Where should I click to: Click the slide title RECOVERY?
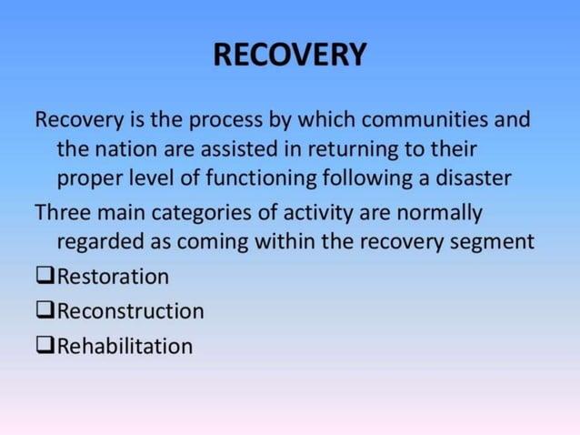pyautogui.click(x=290, y=56)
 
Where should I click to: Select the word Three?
pyautogui.click(x=62, y=214)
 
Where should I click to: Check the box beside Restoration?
pyautogui.click(x=45, y=275)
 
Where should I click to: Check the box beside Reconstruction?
pyautogui.click(x=45, y=310)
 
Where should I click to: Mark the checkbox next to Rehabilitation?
pyautogui.click(x=45, y=346)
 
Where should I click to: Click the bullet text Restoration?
pyautogui.click(x=113, y=276)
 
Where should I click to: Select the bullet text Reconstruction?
pyautogui.click(x=130, y=311)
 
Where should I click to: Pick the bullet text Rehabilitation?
pyautogui.click(x=125, y=347)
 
